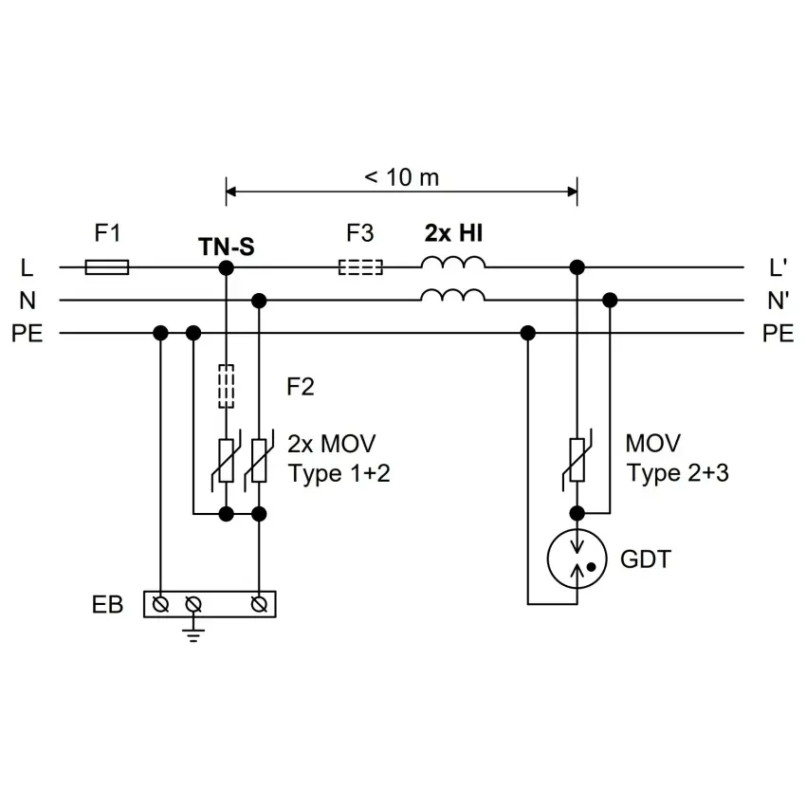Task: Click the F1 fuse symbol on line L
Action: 107,267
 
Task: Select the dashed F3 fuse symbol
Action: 360,267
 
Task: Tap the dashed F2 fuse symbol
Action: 227,387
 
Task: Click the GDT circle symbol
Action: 577,559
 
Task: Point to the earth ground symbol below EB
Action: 193,635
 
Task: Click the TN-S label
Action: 227,247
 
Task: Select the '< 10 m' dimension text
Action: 401,177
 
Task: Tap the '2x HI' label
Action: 453,233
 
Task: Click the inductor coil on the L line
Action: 453,262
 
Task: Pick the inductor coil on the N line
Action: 453,295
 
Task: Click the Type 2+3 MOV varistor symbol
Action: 577,460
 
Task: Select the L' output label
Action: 778,267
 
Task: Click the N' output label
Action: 778,301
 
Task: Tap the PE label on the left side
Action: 27,334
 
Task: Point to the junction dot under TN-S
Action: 227,267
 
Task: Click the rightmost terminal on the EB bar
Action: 259,605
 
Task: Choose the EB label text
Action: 107,605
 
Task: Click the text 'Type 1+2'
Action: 339,473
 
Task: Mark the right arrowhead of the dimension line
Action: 572,192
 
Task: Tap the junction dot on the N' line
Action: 610,301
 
